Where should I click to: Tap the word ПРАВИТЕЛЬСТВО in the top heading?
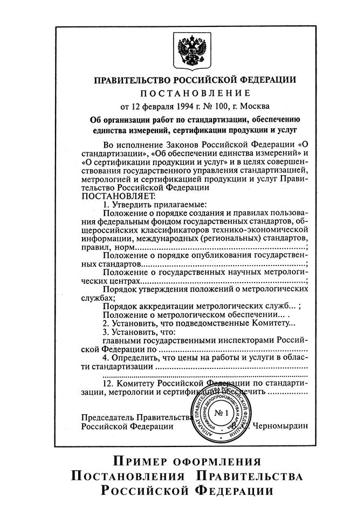(136, 80)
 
